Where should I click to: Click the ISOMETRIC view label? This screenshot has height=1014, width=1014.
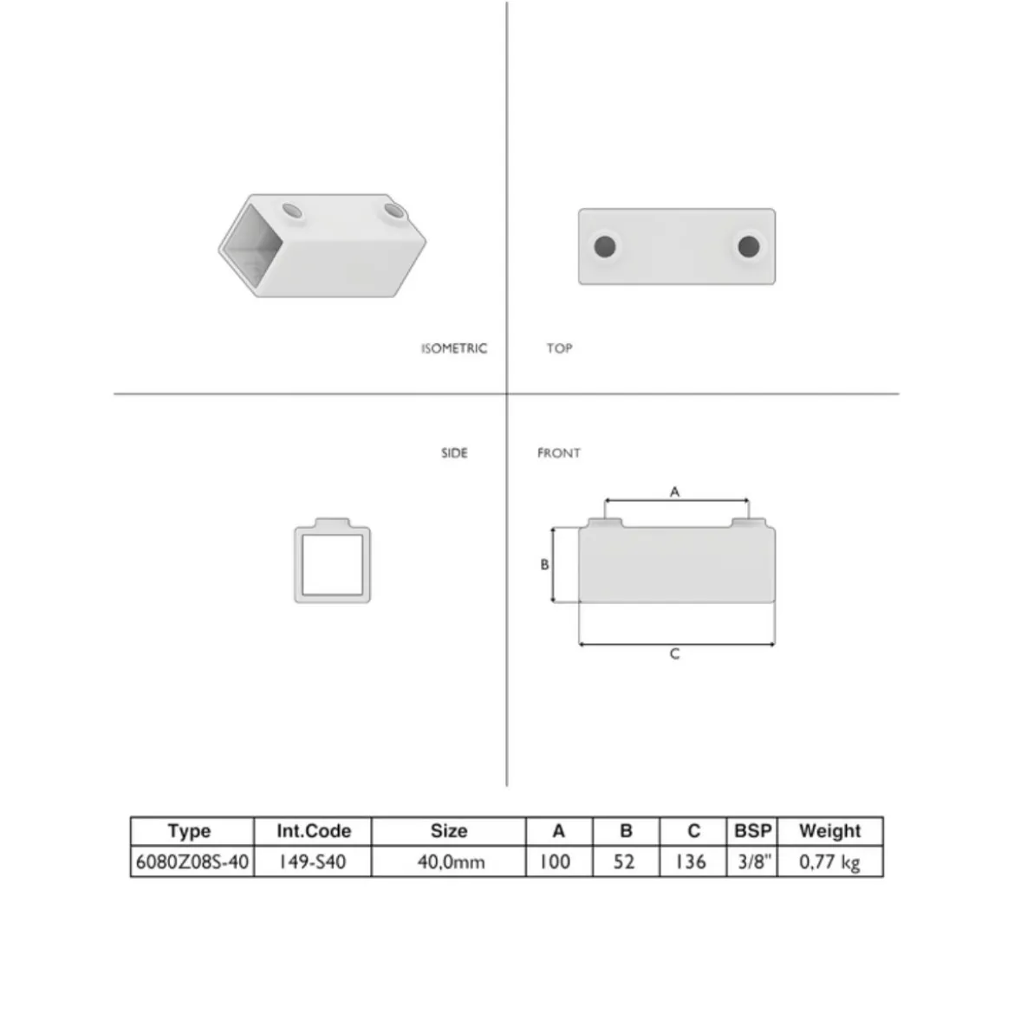454,348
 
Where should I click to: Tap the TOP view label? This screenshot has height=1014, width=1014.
559,348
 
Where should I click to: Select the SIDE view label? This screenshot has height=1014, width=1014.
454,452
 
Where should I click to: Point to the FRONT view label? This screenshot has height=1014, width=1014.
559,452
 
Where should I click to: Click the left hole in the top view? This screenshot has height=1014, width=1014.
605,246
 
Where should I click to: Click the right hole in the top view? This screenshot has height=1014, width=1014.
748,246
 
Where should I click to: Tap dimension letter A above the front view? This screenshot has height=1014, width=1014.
674,492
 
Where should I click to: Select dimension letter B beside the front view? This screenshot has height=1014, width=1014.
544,564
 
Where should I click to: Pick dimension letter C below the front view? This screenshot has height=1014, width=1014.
674,653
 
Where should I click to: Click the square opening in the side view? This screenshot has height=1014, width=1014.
333,564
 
